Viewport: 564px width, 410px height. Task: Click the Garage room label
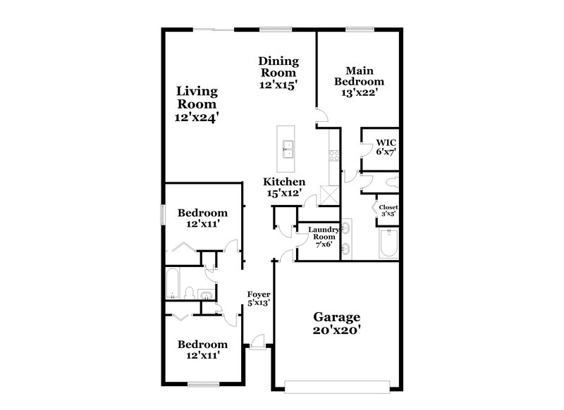coord(338,318)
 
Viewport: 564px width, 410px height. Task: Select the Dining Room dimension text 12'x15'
coord(278,84)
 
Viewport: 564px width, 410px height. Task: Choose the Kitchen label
coord(285,182)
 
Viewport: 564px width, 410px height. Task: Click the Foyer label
coord(258,294)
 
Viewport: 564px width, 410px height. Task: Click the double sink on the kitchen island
coord(287,149)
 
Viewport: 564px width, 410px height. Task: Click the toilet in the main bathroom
coord(391,182)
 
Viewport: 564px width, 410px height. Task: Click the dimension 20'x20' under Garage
coord(338,331)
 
